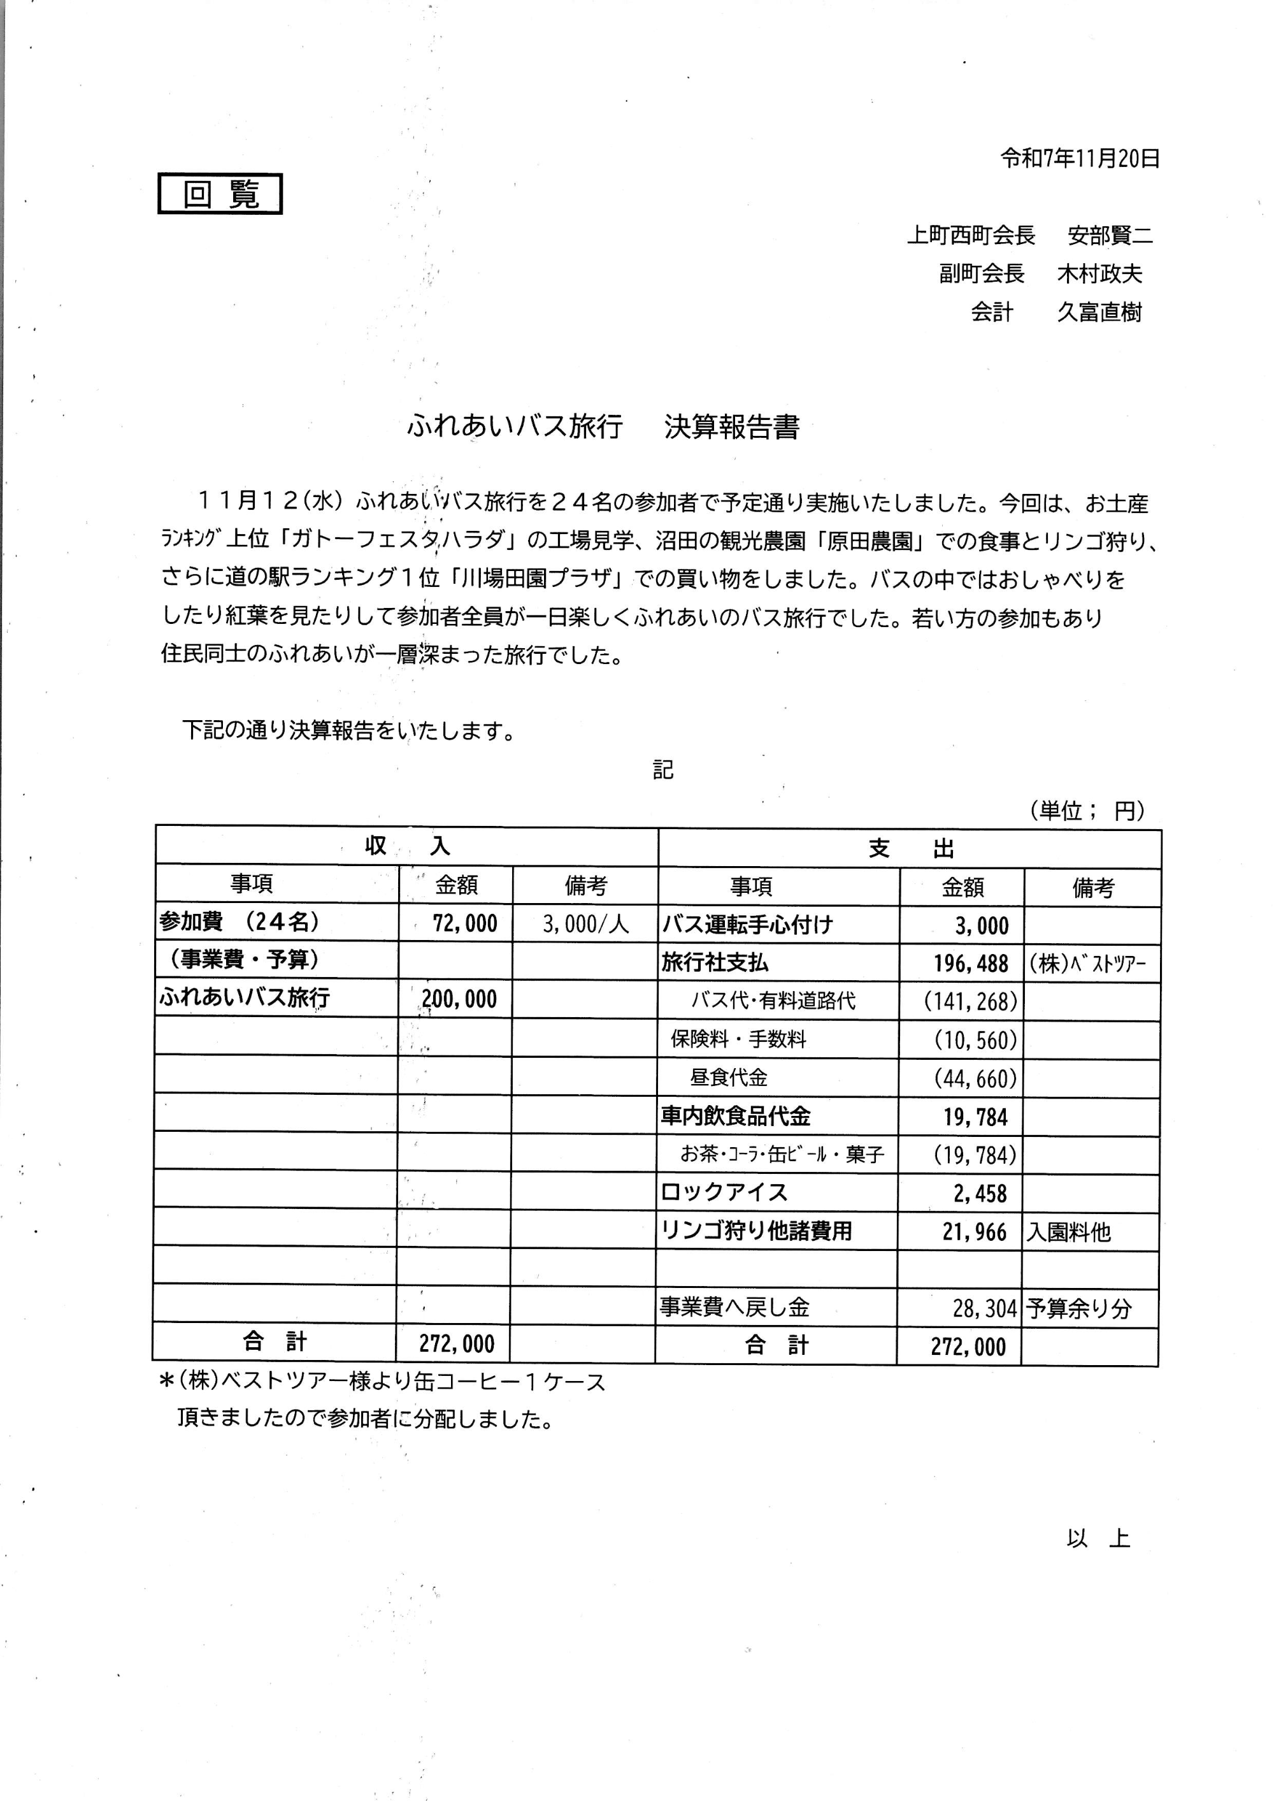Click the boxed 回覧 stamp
coord(220,194)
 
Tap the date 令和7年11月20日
coord(1080,159)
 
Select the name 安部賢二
coord(1109,235)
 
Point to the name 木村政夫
coord(1099,273)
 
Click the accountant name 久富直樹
coord(1099,312)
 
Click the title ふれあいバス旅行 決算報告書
coord(603,426)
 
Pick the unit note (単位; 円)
coord(1087,811)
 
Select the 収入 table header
coord(406,845)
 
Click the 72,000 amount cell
coord(464,923)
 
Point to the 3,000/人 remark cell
coord(585,923)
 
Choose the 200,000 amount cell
coord(459,999)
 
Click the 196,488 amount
coord(970,964)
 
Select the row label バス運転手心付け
coord(746,925)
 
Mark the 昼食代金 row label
coord(729,1078)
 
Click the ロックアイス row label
coord(723,1192)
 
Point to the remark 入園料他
coord(1068,1232)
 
